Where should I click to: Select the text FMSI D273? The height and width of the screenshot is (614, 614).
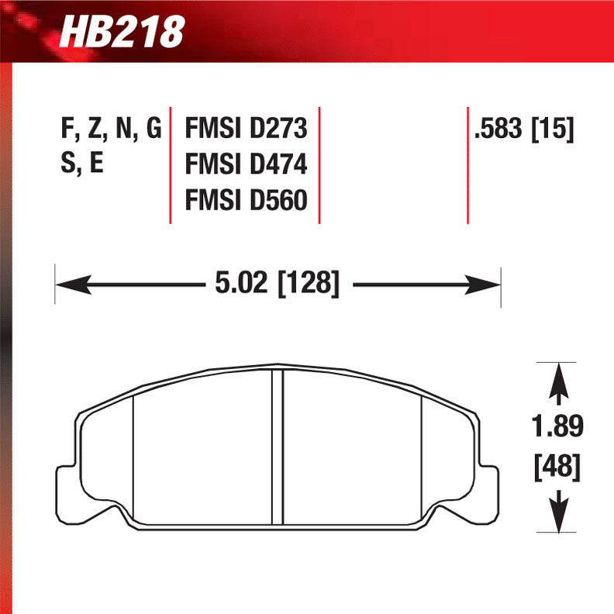tap(246, 129)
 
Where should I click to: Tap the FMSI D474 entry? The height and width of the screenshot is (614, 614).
tap(246, 165)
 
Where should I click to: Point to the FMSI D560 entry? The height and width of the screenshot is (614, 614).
tap(246, 202)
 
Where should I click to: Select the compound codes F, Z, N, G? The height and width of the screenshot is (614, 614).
tap(110, 129)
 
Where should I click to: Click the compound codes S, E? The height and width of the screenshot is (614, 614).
tap(81, 165)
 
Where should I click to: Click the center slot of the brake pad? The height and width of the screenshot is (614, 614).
tap(277, 446)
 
